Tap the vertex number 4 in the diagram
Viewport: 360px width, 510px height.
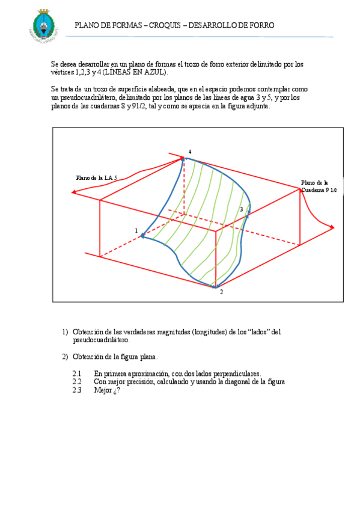(190, 152)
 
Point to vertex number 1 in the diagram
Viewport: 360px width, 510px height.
(136, 230)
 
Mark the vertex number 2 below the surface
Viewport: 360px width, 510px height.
(221, 292)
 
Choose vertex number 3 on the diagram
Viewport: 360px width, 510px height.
(242, 209)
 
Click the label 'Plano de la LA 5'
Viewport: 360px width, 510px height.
(96, 178)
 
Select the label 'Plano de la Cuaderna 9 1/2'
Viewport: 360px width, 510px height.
(319, 186)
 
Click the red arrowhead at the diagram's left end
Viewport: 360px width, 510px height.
(73, 192)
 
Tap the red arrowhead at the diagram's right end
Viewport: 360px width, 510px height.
(332, 227)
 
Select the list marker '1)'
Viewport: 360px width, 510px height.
(66, 332)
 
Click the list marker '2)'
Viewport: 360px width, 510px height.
(66, 357)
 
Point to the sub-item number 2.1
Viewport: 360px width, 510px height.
(76, 373)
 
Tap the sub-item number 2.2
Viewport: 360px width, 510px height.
(76, 381)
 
